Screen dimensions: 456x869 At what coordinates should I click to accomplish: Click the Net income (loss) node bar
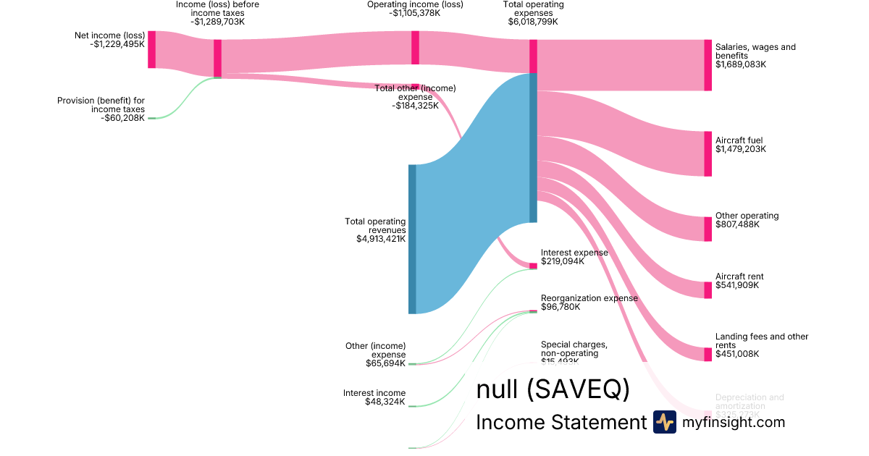[x=151, y=49]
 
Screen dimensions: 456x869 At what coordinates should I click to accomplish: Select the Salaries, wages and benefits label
[x=755, y=51]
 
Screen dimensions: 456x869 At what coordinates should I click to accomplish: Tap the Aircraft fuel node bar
[x=708, y=153]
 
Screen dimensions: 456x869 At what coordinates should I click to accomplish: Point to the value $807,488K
[x=736, y=224]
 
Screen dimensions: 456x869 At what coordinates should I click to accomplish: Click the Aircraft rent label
[x=739, y=276]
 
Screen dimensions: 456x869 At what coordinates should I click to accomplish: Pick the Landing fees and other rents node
[x=708, y=354]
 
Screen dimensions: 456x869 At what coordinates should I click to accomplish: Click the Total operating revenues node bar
[x=412, y=239]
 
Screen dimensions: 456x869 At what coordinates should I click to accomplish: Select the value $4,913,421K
[x=381, y=238]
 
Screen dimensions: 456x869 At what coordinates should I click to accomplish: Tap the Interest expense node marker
[x=533, y=266]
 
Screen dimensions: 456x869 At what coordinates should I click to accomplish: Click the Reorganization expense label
[x=589, y=298]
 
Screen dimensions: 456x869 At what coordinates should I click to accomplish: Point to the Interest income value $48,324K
[x=385, y=402]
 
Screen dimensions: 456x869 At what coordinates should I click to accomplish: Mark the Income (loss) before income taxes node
[x=217, y=58]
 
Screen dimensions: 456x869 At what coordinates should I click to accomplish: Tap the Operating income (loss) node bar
[x=415, y=48]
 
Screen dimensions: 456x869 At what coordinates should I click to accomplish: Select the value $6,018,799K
[x=533, y=22]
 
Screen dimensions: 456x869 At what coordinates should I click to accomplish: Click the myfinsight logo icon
[x=664, y=422]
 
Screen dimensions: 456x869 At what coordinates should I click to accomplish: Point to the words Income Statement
[x=561, y=423]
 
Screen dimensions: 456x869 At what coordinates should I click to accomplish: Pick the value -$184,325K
[x=415, y=106]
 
